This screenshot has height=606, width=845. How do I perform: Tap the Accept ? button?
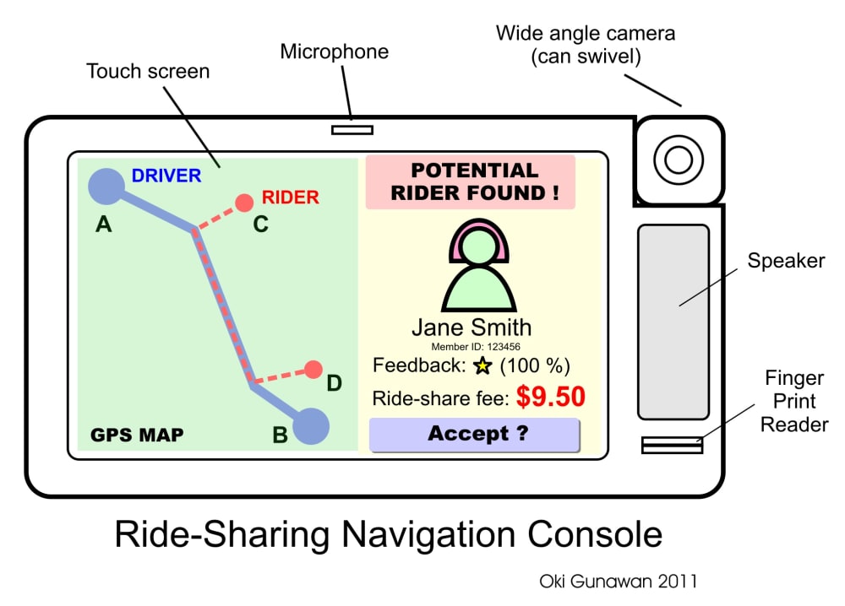coord(474,435)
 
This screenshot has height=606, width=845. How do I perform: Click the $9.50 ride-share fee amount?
coord(551,397)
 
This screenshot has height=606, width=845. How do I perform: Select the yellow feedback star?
coord(482,365)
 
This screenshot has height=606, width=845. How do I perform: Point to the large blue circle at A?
coord(106,186)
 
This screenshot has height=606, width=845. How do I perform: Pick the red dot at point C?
coord(244,203)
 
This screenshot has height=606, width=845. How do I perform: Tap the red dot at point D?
coord(313,370)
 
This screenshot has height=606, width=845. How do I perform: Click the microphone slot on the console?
coord(352,129)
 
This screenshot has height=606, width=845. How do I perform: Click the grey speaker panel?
coord(673,322)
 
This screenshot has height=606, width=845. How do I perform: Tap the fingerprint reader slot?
coord(672,445)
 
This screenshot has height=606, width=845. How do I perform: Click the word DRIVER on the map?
coord(166,176)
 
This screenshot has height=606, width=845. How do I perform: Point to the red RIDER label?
coord(291,197)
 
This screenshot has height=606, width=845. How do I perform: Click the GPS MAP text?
coord(137,436)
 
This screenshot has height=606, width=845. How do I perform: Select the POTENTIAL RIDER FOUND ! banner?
coord(471,181)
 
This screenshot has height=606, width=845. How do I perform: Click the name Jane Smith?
coord(472,327)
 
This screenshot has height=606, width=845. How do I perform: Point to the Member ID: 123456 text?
coord(475,346)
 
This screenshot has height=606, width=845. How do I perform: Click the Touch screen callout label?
coord(148,71)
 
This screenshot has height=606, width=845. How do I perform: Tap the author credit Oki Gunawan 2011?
coord(618,582)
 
